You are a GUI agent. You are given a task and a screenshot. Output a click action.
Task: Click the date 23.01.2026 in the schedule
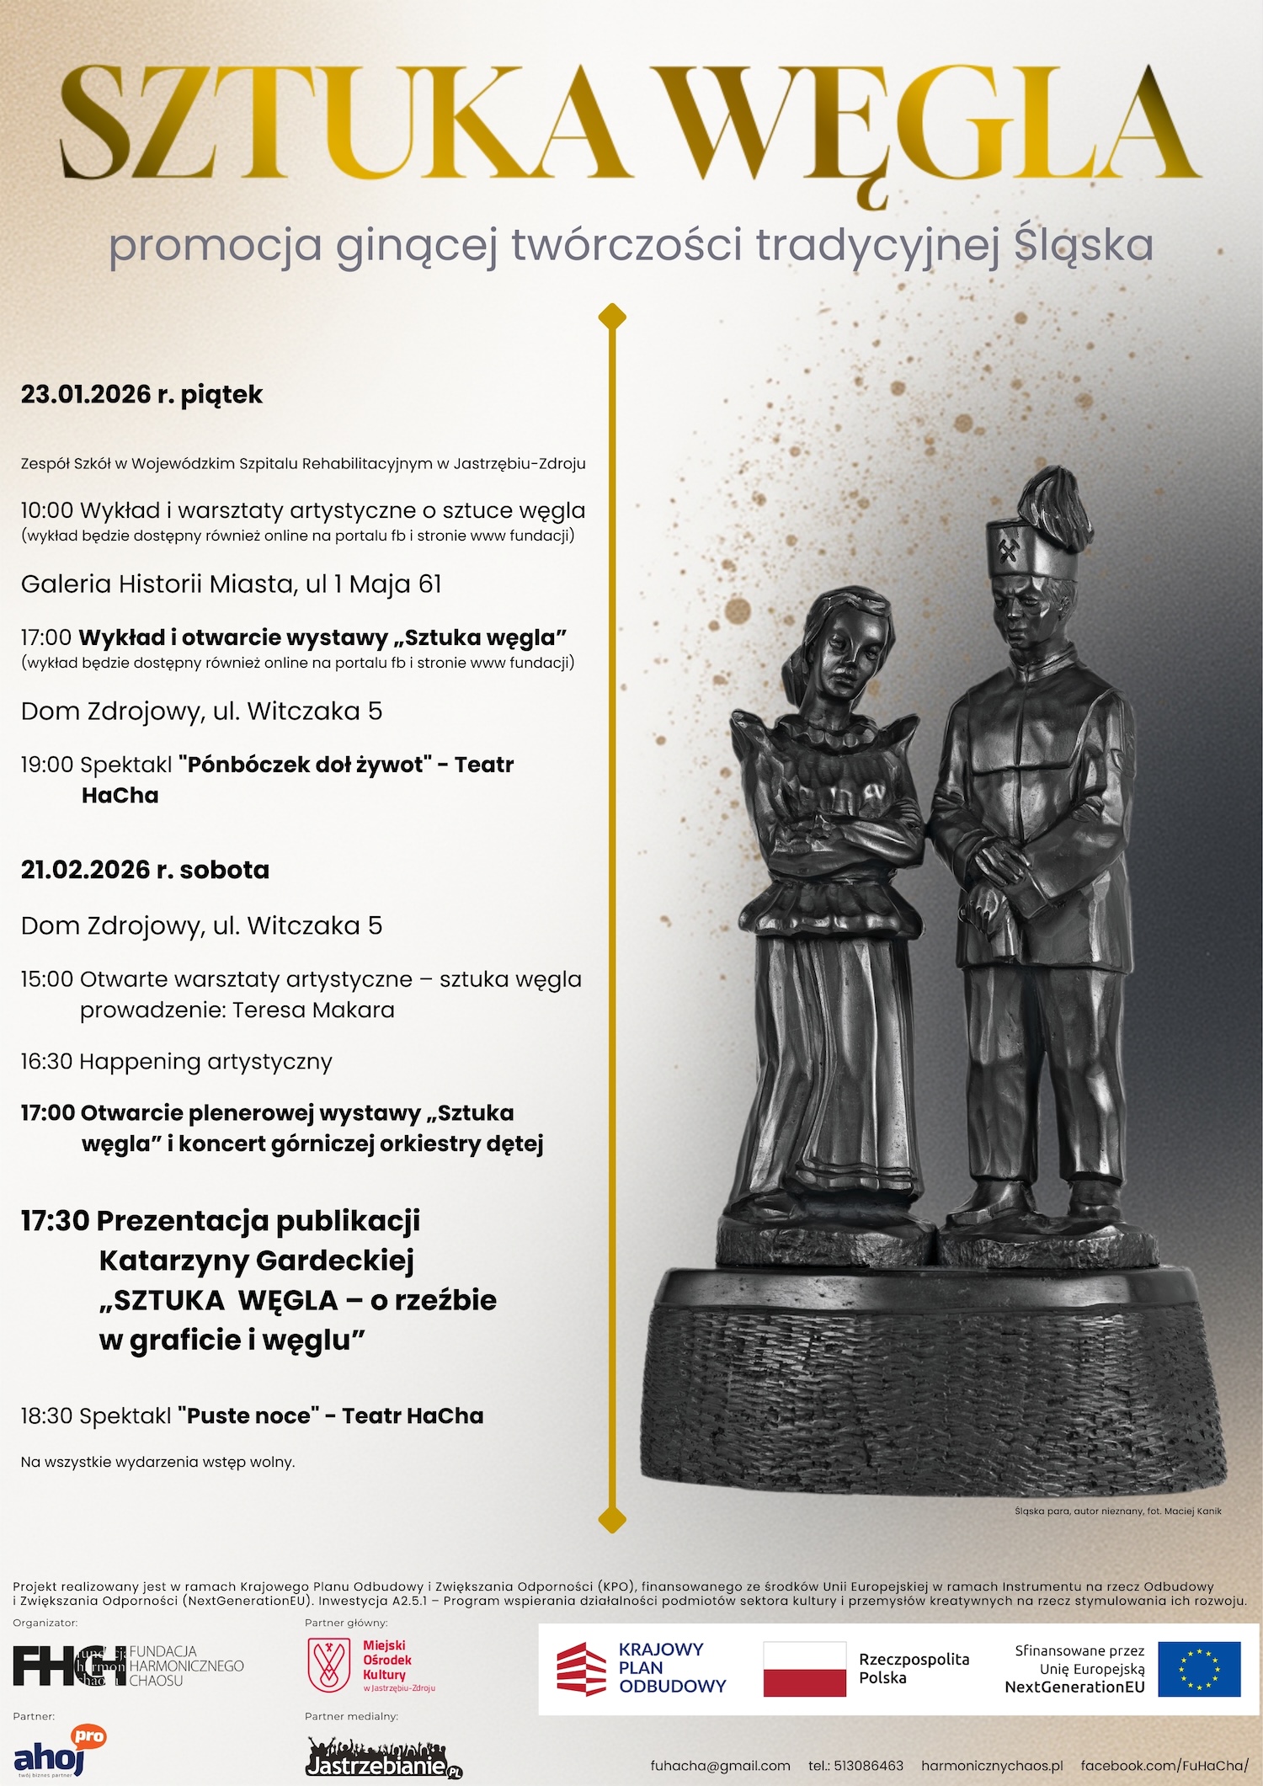pyautogui.click(x=85, y=394)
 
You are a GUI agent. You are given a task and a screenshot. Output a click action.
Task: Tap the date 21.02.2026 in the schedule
pyautogui.click(x=85, y=870)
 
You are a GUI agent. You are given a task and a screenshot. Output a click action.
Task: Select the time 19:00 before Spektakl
pyautogui.click(x=47, y=765)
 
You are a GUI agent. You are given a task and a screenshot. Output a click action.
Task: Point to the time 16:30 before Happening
pyautogui.click(x=47, y=1062)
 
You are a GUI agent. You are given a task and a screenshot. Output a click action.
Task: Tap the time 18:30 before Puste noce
pyautogui.click(x=47, y=1415)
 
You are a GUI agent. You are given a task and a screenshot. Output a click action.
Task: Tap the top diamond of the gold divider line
pyautogui.click(x=612, y=317)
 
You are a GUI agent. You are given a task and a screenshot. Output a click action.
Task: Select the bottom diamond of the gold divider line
pyautogui.click(x=612, y=1519)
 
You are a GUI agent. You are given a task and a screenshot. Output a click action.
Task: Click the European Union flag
pyautogui.click(x=1198, y=1669)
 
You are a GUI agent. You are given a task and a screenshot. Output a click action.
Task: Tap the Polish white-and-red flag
pyautogui.click(x=804, y=1669)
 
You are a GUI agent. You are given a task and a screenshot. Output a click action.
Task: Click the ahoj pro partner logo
pyautogui.click(x=59, y=1751)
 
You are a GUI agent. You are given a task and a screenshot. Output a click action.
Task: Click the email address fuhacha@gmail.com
pyautogui.click(x=720, y=1766)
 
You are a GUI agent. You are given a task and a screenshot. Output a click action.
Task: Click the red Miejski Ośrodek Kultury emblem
pyautogui.click(x=329, y=1665)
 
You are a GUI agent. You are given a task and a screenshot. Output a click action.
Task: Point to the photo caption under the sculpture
pyautogui.click(x=1117, y=1511)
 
